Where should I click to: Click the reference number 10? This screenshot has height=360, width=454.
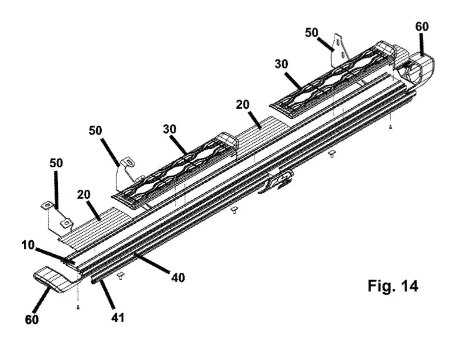click(x=28, y=245)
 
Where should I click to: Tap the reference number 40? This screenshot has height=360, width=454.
click(x=178, y=277)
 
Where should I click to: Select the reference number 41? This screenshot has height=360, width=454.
click(x=118, y=317)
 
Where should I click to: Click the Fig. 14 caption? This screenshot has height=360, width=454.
click(x=393, y=286)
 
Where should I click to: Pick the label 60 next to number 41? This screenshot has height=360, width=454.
click(x=32, y=320)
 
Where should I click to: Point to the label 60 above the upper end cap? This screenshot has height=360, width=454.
click(x=422, y=26)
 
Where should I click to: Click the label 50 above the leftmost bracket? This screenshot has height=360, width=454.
click(x=56, y=163)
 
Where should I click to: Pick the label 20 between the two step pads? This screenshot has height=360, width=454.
click(x=243, y=105)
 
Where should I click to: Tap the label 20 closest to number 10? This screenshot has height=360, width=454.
click(x=84, y=194)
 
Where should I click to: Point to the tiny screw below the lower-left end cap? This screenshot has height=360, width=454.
click(x=78, y=307)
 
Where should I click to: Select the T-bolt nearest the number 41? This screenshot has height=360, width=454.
click(x=120, y=276)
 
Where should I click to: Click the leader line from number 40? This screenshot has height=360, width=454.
click(x=152, y=263)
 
